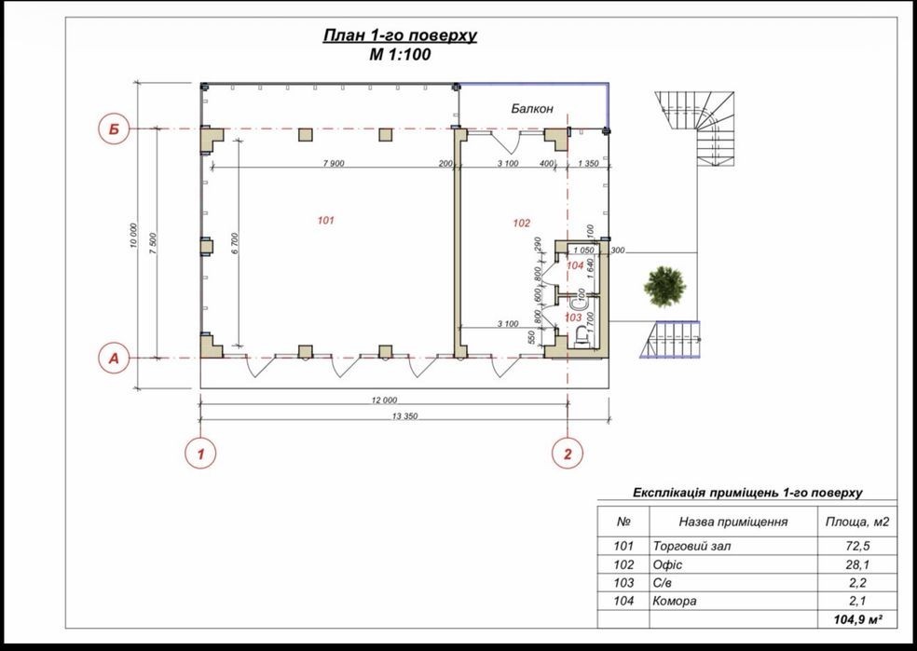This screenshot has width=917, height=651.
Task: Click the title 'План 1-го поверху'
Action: coord(400,35)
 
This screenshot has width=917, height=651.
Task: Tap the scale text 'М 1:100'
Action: coord(400,55)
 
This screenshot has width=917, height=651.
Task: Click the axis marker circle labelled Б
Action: coord(114,129)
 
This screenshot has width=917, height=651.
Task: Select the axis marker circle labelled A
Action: coord(114,358)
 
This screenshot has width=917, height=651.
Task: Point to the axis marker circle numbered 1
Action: coord(200,454)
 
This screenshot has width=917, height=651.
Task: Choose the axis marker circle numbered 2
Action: coord(568,454)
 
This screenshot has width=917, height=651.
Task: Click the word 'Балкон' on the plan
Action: coord(531,109)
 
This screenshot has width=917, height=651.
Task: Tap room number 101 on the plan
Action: coord(326,221)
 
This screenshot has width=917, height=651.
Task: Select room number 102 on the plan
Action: coord(522,223)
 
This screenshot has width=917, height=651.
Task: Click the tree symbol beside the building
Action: coord(664,286)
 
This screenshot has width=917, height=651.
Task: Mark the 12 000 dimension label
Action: coord(384,400)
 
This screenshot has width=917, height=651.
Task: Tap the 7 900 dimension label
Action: coord(333,164)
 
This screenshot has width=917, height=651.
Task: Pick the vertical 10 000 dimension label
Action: coord(133,236)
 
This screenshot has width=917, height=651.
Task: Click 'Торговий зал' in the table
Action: coord(691,547)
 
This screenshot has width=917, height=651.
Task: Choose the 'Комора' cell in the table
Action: coord(675,601)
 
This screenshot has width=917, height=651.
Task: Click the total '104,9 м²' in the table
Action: coord(857,619)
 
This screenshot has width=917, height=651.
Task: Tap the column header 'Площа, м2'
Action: coord(856,522)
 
